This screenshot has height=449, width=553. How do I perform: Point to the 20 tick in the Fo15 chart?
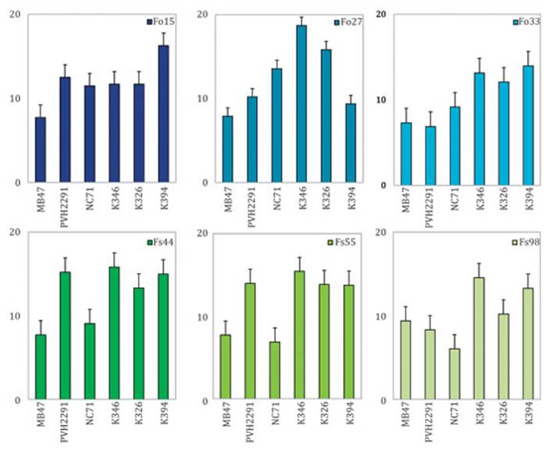pos(18,16)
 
